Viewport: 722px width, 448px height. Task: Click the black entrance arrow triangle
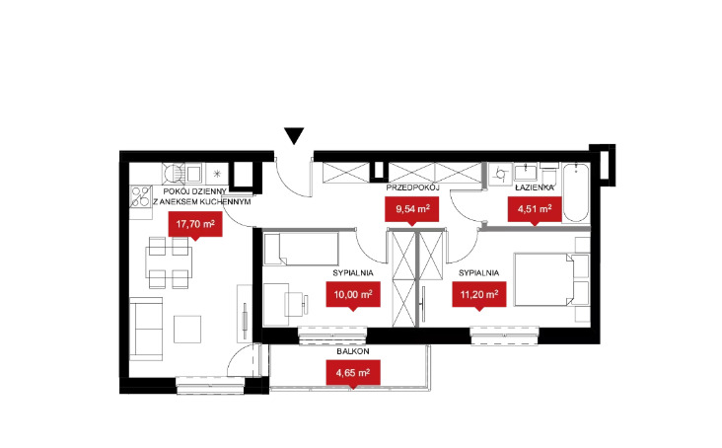pos(294,136)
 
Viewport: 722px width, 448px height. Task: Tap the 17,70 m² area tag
pos(195,226)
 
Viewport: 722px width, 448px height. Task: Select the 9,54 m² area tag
pos(412,210)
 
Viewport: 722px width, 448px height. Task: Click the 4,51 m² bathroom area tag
pos(535,210)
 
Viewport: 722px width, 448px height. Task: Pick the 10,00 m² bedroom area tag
pos(353,296)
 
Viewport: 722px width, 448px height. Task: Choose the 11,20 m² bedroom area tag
pos(479,296)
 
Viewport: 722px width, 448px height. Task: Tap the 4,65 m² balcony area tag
pos(353,374)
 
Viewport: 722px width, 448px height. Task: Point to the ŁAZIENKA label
pos(535,187)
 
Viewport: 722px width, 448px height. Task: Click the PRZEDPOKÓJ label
pos(413,187)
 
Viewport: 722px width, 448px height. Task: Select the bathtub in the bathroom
pos(576,192)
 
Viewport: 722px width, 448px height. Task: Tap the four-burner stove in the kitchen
pos(141,196)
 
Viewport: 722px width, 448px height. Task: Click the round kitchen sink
pos(174,174)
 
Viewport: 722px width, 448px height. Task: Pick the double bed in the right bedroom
pos(551,279)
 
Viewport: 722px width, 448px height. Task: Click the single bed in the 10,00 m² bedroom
pos(301,249)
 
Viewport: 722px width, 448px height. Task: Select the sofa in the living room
pos(146,329)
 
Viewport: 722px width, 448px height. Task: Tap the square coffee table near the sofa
pos(187,330)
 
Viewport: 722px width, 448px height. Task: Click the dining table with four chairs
pos(169,262)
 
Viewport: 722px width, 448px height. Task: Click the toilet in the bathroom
pos(549,174)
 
